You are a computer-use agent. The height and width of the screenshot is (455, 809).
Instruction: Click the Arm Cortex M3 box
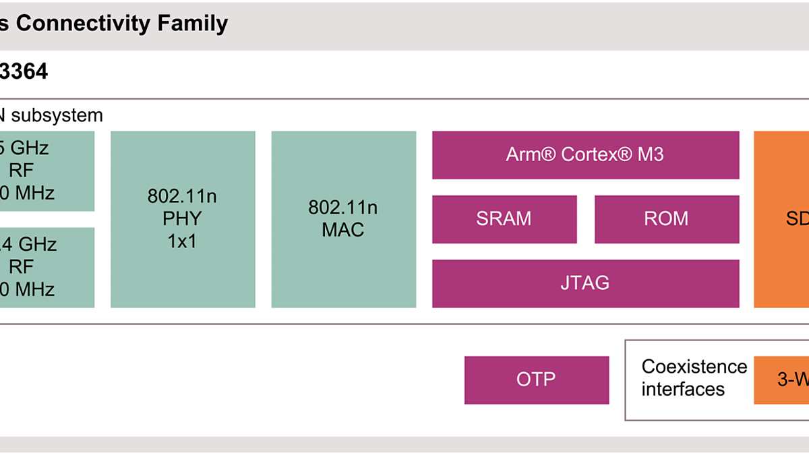click(585, 155)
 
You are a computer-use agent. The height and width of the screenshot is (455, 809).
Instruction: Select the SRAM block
click(504, 219)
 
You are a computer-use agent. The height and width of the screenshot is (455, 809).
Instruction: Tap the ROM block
click(666, 219)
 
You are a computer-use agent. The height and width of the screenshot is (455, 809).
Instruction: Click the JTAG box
click(585, 283)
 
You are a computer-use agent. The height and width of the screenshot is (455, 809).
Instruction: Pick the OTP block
click(536, 380)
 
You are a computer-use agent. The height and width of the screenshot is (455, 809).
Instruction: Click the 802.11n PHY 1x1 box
click(183, 219)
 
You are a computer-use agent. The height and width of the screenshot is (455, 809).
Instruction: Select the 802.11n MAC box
click(343, 219)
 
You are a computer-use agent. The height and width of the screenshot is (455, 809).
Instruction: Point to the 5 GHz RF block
click(40, 171)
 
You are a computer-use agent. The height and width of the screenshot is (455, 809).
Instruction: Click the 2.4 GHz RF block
click(40, 267)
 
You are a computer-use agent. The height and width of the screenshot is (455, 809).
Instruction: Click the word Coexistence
click(694, 367)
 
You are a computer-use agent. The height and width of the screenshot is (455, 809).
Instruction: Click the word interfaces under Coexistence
click(683, 390)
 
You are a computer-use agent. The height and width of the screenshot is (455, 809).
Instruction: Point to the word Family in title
click(193, 24)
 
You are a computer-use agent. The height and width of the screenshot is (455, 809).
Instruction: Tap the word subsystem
click(57, 115)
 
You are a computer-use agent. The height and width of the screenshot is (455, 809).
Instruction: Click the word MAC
click(342, 230)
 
